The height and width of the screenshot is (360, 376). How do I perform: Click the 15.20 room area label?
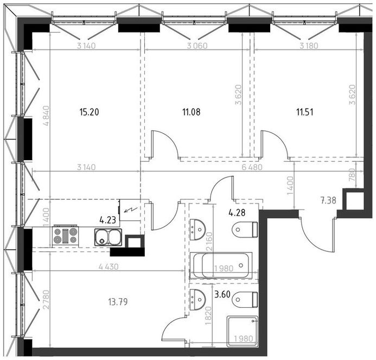[89, 112]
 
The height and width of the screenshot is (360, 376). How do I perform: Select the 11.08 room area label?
[192, 112]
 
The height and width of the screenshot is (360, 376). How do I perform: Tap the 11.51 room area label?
[305, 112]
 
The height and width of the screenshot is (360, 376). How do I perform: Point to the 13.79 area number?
[118, 302]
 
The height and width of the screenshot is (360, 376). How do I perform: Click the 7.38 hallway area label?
[328, 200]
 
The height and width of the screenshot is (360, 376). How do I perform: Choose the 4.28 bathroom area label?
[237, 213]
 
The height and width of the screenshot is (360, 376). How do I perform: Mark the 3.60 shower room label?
[222, 294]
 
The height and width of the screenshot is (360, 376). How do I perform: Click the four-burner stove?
[66, 236]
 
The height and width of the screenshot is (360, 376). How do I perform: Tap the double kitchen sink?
[108, 237]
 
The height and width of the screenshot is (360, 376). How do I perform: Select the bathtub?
[221, 266]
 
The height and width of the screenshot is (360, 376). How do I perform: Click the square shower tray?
[243, 331]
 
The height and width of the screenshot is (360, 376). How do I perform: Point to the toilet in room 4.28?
[245, 230]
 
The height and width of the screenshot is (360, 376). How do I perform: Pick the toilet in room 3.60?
[245, 300]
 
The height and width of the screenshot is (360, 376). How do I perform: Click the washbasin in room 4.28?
[197, 230]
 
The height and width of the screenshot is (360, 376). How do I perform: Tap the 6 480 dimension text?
[252, 167]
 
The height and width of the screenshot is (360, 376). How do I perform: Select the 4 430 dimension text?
[109, 267]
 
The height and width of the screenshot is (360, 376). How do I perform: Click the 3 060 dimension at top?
[197, 46]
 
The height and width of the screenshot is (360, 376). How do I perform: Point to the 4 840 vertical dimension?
[46, 116]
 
